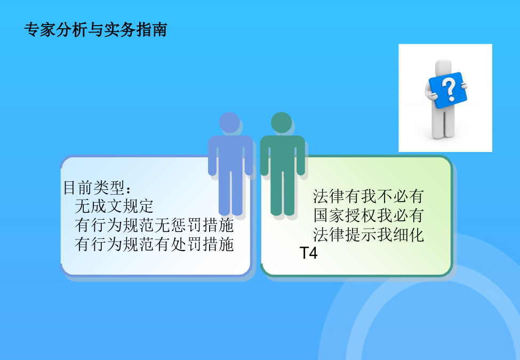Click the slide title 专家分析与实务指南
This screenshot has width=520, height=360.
click(x=95, y=30)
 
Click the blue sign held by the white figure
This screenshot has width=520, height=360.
click(x=447, y=90)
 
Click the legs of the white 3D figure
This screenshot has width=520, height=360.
click(x=443, y=122)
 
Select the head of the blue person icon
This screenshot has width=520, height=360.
click(x=229, y=122)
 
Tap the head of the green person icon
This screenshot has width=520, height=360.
click(x=281, y=122)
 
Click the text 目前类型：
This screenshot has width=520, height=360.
click(x=98, y=188)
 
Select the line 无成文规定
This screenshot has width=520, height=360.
click(x=114, y=206)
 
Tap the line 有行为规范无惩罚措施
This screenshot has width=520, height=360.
click(x=155, y=225)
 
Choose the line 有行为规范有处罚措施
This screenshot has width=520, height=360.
click(x=155, y=244)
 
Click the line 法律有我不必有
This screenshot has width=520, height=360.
click(x=369, y=196)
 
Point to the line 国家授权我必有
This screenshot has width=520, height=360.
click(x=369, y=215)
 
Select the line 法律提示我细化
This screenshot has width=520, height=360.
click(x=369, y=234)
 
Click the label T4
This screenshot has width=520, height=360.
click(x=308, y=253)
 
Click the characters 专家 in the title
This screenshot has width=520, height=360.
click(x=40, y=30)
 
